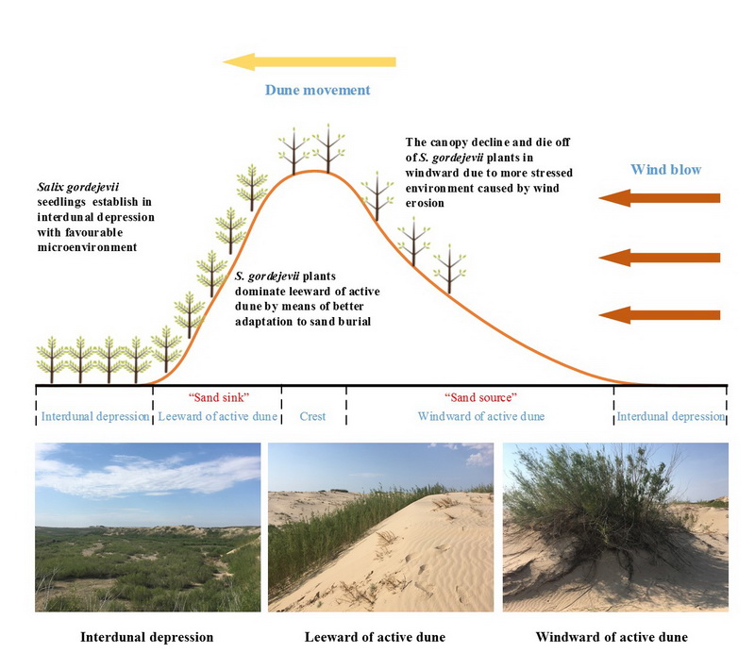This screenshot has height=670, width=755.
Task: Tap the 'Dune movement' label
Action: click(317, 91)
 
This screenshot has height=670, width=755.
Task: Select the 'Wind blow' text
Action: click(666, 170)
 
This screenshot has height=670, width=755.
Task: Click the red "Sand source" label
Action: click(480, 398)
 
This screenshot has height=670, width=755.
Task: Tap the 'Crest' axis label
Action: click(313, 416)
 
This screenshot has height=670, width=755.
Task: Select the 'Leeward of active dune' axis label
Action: click(217, 416)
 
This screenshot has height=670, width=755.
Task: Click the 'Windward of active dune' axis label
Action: click(481, 416)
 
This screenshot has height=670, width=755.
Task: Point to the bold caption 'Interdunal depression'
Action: click(147, 637)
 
